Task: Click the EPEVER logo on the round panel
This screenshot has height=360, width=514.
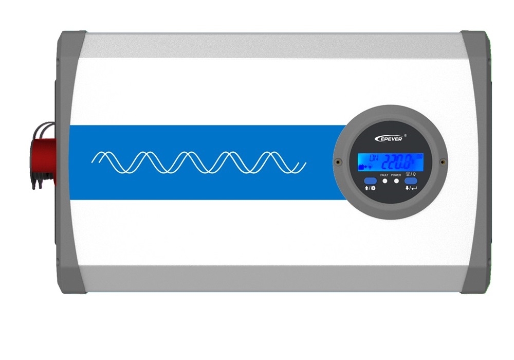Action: tap(389, 138)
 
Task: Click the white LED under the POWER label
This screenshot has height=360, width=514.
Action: tap(396, 182)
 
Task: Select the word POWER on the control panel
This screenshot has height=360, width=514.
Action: tap(396, 175)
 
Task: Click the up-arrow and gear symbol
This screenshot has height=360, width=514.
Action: tap(370, 188)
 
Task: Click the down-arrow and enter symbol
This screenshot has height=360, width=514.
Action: tap(410, 188)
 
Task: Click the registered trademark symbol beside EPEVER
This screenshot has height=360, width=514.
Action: tap(406, 135)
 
